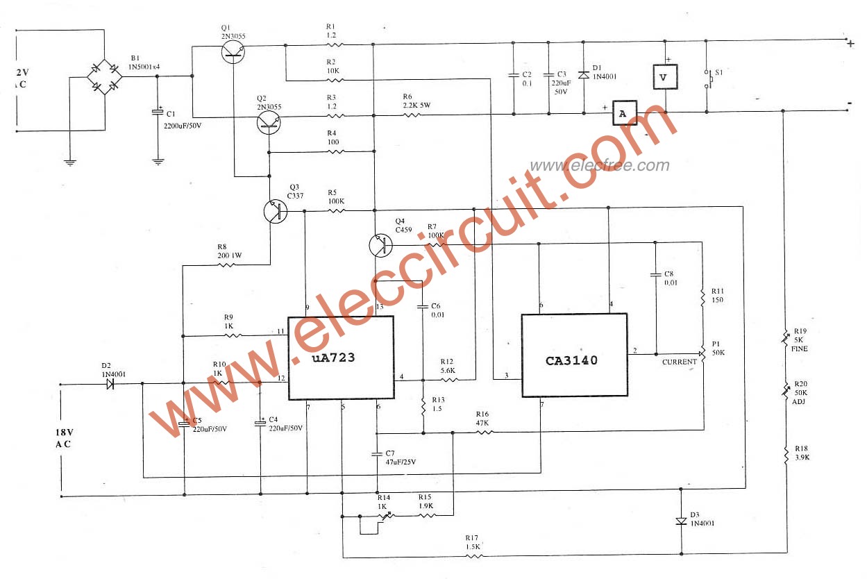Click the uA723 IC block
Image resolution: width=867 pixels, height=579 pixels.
[x=341, y=358]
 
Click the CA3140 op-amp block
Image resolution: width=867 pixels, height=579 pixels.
[x=574, y=355]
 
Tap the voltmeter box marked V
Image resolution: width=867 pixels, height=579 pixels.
[x=663, y=77]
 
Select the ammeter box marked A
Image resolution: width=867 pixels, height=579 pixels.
[x=624, y=112]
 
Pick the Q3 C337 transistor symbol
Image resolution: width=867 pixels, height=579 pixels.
[x=276, y=211]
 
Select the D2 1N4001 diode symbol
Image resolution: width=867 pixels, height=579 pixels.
[x=110, y=383]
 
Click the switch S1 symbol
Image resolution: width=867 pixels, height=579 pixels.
[x=708, y=78]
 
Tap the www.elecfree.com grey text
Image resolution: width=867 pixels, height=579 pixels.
[x=600, y=165]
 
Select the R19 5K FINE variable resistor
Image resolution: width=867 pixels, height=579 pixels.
[x=786, y=339]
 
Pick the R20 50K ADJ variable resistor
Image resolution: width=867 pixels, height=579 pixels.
[x=786, y=392]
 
